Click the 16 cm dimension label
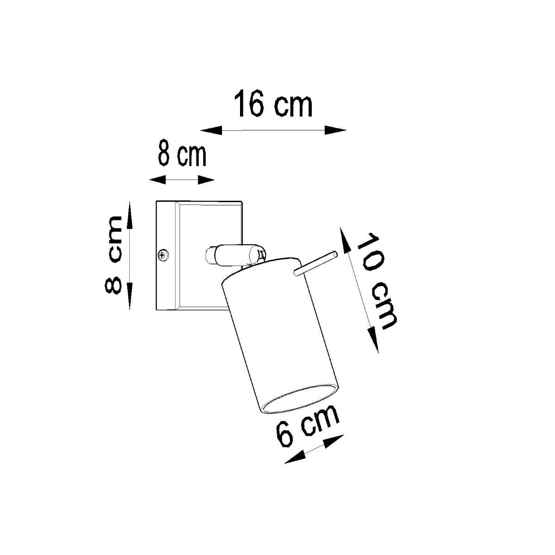point(273,105)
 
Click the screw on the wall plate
point(163,254)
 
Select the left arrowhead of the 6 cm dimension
point(294,457)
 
